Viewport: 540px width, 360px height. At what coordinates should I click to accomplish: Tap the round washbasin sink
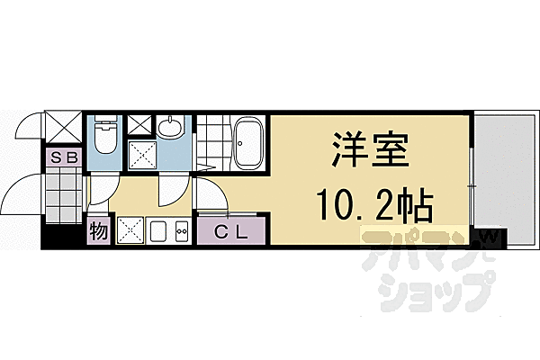[168, 129]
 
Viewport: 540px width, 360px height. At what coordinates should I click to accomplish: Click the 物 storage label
[99, 233]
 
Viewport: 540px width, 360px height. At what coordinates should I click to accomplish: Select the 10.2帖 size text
[374, 209]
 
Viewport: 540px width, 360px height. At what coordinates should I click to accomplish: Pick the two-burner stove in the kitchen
[180, 233]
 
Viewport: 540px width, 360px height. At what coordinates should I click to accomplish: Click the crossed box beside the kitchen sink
[129, 233]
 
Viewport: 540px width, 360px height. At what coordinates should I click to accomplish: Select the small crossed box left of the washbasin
[139, 125]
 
